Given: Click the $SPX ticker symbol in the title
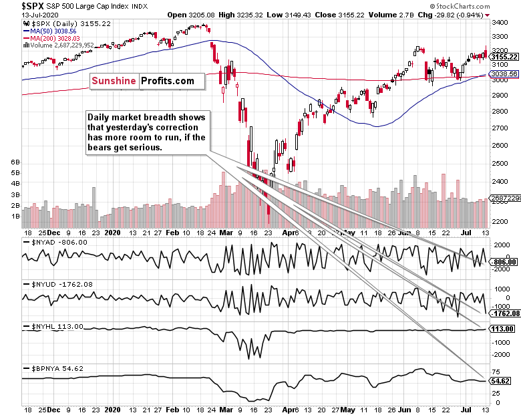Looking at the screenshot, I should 15,6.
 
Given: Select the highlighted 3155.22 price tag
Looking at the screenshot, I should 504,57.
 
